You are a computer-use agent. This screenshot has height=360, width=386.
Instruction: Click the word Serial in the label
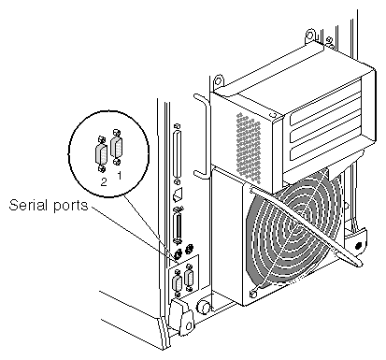click(27, 205)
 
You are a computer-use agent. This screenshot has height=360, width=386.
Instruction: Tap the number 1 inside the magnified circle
click(119, 175)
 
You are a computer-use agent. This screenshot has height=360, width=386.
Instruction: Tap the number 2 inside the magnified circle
click(104, 181)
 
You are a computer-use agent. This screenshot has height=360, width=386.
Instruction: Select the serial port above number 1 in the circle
click(117, 148)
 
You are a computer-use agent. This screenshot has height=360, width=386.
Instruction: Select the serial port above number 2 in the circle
click(101, 154)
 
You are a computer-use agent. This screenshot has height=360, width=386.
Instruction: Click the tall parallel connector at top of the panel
click(178, 154)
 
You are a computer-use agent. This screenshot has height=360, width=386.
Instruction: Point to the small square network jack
click(178, 195)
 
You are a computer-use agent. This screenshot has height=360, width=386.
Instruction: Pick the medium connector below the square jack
click(179, 224)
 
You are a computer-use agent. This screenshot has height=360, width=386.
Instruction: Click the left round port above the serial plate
click(178, 254)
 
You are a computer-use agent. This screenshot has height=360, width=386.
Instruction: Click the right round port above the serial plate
click(189, 249)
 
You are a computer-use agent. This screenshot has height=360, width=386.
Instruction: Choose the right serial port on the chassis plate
click(189, 278)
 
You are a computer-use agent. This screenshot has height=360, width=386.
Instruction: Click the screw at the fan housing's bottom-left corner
click(253, 294)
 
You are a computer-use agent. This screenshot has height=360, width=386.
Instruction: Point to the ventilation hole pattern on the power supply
click(249, 147)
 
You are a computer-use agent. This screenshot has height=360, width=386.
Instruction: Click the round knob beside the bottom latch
click(204, 307)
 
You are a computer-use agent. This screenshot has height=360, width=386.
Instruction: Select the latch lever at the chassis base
click(181, 316)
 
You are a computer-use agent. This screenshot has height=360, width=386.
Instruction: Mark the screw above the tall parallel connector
click(178, 126)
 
